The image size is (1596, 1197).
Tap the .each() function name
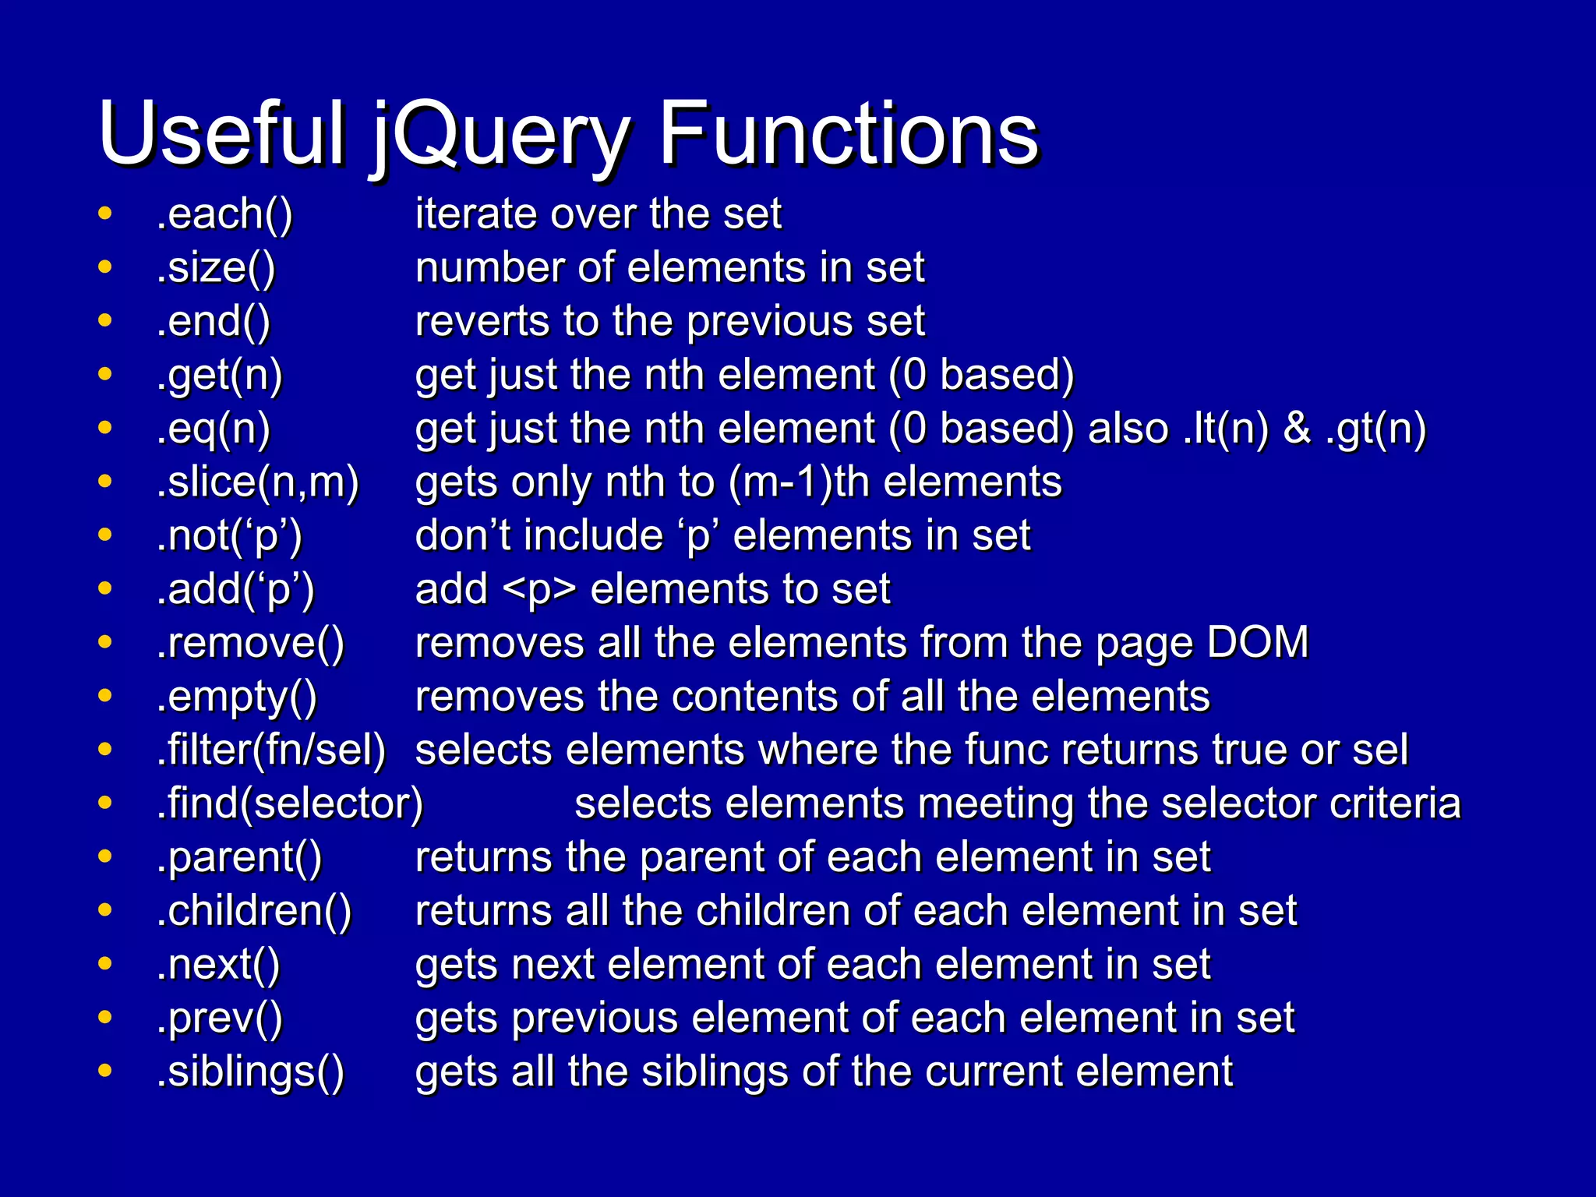point(224,214)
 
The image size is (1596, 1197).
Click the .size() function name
point(216,267)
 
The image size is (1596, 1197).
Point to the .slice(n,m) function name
point(258,482)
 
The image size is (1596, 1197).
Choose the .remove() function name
point(250,643)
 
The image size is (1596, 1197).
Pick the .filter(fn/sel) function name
point(271,750)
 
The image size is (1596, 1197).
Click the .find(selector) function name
point(290,803)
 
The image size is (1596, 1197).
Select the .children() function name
point(254,910)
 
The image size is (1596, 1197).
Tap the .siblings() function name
point(250,1072)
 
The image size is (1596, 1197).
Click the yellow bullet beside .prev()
point(105,1017)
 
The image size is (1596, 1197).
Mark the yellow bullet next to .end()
point(105,320)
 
